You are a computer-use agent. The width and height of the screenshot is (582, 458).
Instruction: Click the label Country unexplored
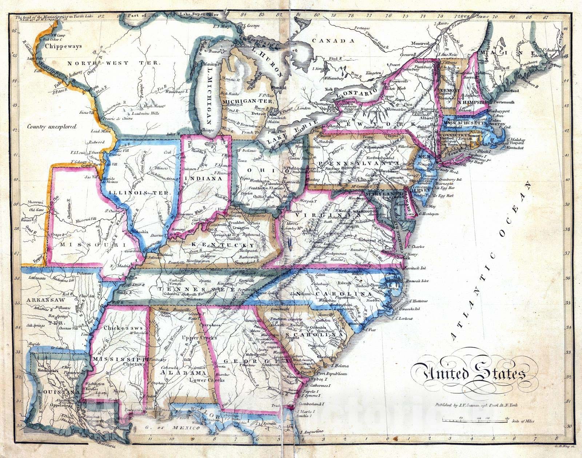[x=52, y=127]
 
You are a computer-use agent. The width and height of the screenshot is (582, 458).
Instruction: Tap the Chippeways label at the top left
[x=64, y=46]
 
